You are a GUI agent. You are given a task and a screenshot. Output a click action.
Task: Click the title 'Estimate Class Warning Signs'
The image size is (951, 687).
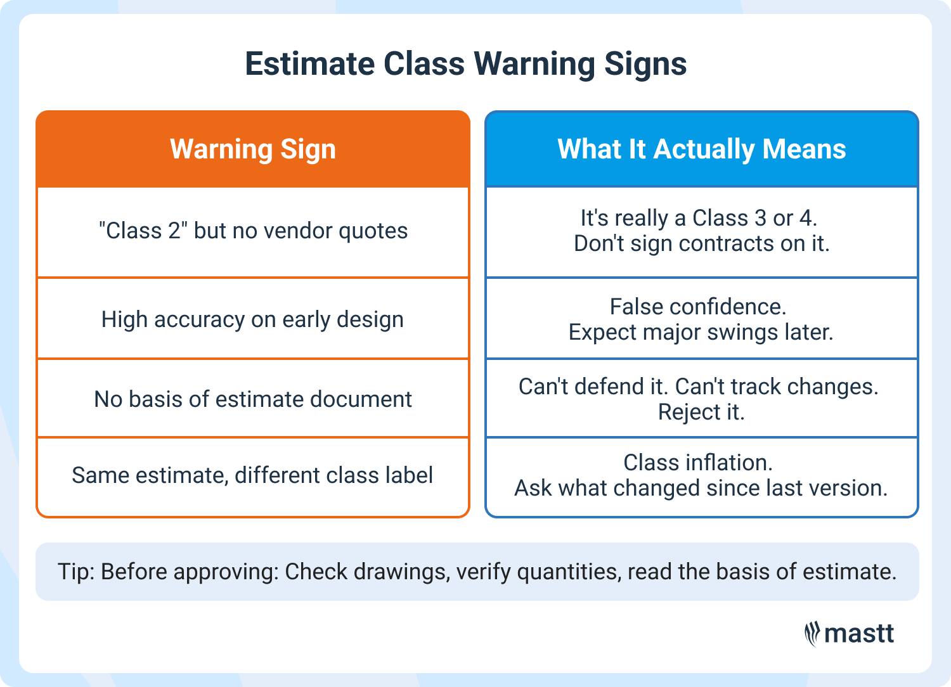(466, 64)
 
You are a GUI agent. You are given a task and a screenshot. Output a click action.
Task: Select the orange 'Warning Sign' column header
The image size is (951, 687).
(253, 150)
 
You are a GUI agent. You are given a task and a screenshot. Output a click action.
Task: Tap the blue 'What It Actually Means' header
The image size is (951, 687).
(701, 150)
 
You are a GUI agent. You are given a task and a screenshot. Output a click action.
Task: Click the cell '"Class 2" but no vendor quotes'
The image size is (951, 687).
(253, 231)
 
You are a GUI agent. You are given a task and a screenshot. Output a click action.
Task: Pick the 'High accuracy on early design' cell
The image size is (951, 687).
(252, 319)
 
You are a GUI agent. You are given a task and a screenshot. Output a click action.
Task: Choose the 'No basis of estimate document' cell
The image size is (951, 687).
(253, 399)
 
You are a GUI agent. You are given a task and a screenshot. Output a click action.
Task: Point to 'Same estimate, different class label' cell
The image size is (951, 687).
(252, 475)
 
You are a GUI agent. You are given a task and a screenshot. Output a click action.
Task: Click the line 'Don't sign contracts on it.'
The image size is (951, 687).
(701, 243)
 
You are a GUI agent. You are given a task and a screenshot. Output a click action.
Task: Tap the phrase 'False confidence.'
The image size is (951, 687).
(698, 307)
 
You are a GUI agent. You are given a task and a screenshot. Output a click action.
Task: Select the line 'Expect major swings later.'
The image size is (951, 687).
(701, 332)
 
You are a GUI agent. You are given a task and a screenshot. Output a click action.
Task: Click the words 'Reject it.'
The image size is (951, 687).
(701, 412)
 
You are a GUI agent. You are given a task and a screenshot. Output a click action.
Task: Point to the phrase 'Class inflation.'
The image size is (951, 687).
(698, 463)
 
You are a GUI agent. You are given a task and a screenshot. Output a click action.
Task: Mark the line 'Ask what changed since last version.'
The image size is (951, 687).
(701, 488)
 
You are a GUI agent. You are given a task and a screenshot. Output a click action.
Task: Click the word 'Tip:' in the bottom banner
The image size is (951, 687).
(76, 572)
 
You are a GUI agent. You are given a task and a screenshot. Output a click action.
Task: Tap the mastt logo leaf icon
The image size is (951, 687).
(812, 634)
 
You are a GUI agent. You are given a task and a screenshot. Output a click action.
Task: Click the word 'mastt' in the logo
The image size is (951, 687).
(859, 634)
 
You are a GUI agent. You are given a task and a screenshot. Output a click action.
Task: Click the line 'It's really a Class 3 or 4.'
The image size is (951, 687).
(699, 218)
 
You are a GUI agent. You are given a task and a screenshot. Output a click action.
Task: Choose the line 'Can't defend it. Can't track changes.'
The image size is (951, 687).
(699, 387)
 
